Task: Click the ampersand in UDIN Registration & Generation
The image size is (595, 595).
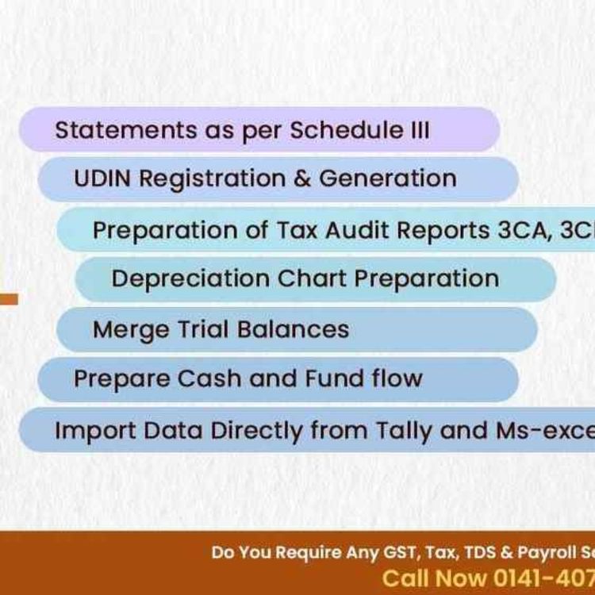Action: [301, 178]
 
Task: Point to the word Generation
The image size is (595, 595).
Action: [387, 178]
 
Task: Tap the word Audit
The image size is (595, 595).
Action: [344, 229]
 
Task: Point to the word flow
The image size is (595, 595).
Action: [397, 378]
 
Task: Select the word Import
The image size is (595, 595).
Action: [87, 430]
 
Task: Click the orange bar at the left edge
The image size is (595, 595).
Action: [9, 299]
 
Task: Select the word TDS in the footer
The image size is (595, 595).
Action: [478, 552]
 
